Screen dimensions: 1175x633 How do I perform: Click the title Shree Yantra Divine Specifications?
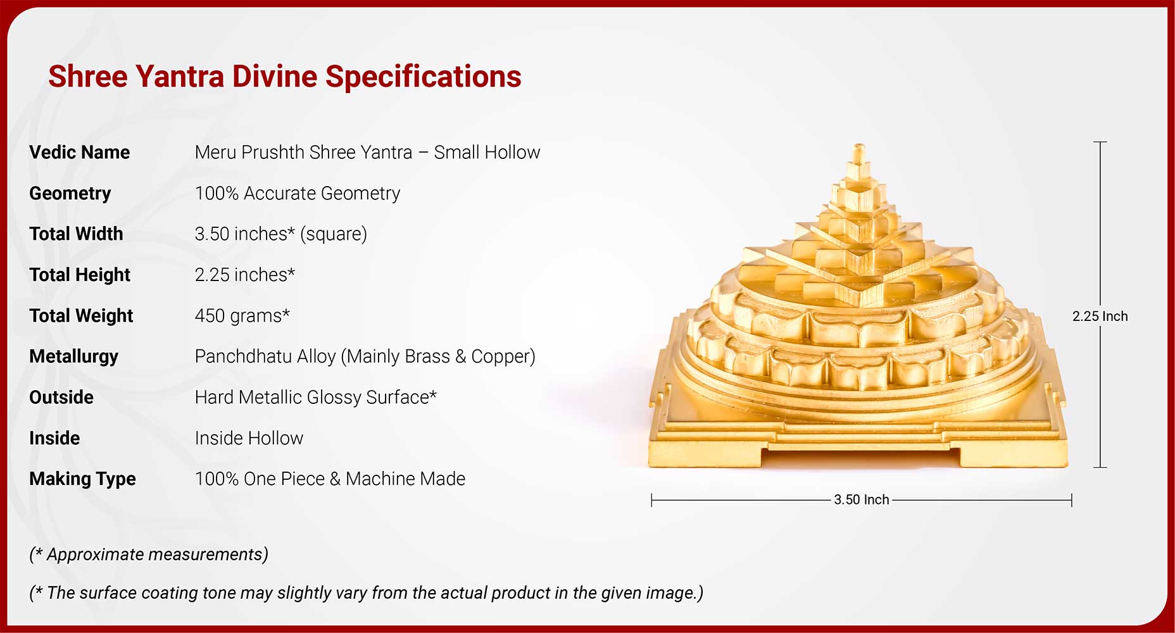[x=285, y=77]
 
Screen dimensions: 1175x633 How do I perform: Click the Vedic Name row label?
[x=79, y=153]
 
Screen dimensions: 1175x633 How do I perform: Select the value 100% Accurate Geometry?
[x=298, y=193]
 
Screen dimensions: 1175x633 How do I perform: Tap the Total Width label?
[x=76, y=234]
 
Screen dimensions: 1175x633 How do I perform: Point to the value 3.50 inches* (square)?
[x=281, y=234]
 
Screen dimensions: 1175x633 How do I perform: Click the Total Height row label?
[x=80, y=275]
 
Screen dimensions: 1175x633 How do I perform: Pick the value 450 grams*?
[x=242, y=315]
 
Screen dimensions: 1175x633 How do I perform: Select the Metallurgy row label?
[x=73, y=356]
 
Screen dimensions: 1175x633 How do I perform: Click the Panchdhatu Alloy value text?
[x=365, y=356]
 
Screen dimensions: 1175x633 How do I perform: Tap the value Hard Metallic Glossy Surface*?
[x=316, y=398]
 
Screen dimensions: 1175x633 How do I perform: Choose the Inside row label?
[x=54, y=438]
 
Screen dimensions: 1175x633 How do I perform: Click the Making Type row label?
[x=82, y=479]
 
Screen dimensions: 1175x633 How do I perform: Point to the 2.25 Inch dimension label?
[x=1100, y=316]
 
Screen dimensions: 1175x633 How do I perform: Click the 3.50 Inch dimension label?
[x=862, y=499]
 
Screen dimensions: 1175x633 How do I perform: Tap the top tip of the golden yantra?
[x=859, y=145]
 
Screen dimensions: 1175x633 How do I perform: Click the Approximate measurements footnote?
[x=149, y=555]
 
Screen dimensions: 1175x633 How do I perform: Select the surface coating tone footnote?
[x=367, y=593]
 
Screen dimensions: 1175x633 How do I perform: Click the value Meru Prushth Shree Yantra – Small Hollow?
[x=367, y=153]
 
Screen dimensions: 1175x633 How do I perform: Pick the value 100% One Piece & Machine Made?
[x=330, y=479]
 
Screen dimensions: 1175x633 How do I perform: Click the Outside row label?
[x=61, y=398]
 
